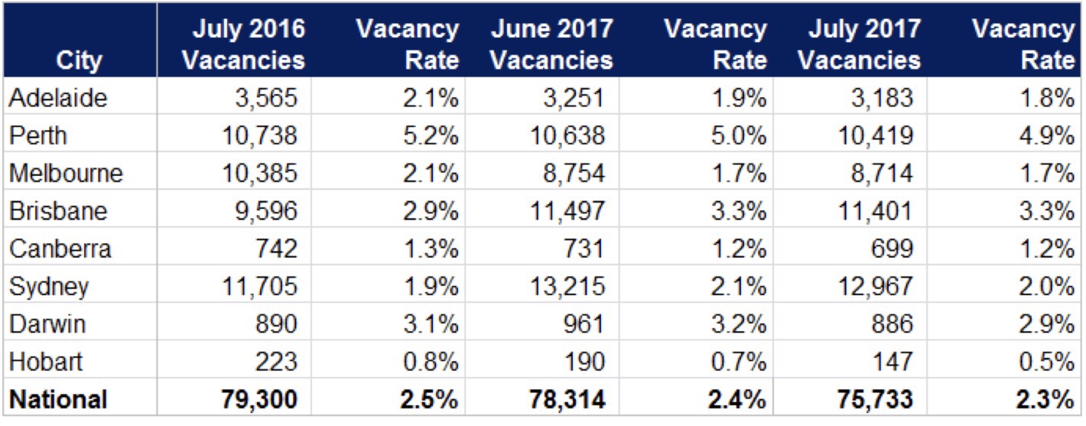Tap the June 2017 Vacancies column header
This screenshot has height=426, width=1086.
[x=551, y=44]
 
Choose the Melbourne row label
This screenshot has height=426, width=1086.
[x=66, y=174]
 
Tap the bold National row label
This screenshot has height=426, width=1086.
[x=58, y=398]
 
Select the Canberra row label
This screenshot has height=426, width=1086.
[x=60, y=249]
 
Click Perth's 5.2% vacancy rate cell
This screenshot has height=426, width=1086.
[x=432, y=136]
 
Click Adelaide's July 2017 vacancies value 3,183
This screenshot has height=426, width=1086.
[x=882, y=98]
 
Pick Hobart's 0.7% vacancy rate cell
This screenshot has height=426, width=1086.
[x=740, y=361]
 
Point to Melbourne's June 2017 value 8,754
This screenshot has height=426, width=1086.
[x=576, y=174]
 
